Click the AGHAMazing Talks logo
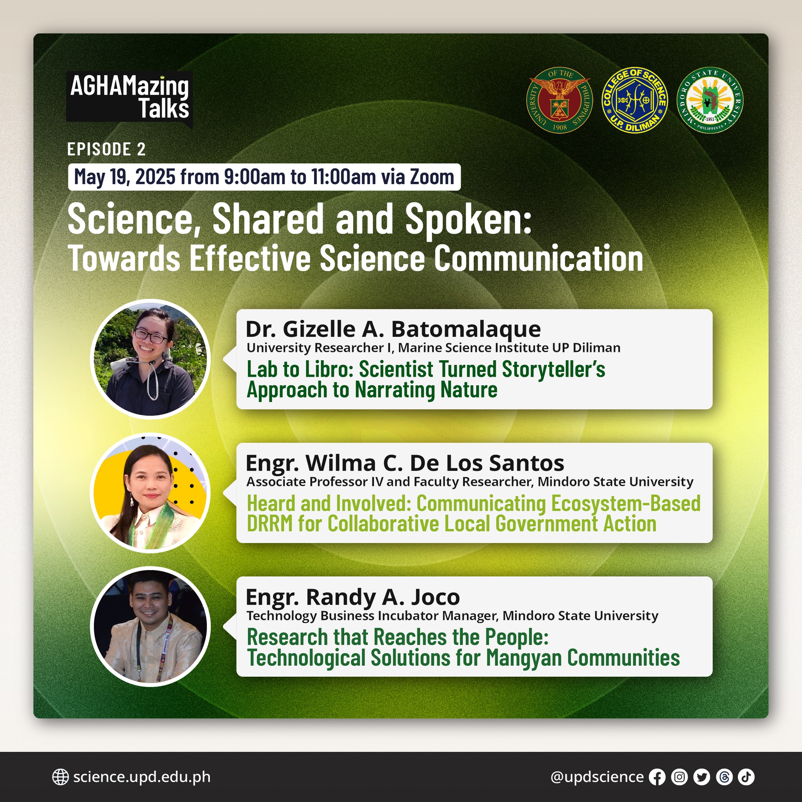(x=129, y=98)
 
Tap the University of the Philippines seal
(x=560, y=100)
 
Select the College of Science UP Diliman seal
(x=635, y=100)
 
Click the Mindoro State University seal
(x=710, y=100)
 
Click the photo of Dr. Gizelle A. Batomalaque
(x=150, y=359)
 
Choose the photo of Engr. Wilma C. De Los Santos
(x=150, y=493)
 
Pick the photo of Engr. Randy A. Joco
(x=150, y=627)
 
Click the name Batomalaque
(x=466, y=329)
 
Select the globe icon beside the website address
(x=61, y=777)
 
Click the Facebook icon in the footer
(x=657, y=777)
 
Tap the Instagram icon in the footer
(x=679, y=777)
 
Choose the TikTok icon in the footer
(x=746, y=777)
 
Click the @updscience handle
(x=597, y=777)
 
